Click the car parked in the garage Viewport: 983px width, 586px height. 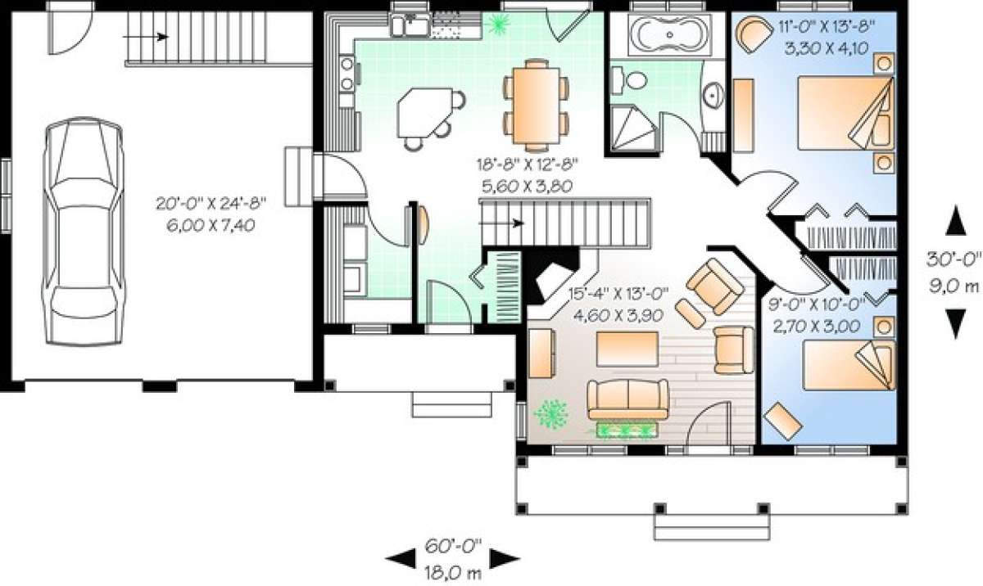(x=83, y=231)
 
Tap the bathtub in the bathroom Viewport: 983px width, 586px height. (x=669, y=35)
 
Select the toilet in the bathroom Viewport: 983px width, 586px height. (x=630, y=80)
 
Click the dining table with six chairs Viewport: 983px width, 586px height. (x=536, y=106)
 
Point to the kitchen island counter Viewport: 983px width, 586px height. (x=424, y=113)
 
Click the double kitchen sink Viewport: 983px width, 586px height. (x=410, y=25)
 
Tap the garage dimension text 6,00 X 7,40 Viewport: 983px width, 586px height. (x=211, y=226)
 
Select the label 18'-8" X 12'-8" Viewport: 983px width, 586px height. (x=527, y=165)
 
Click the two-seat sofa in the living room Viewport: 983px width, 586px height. (x=628, y=399)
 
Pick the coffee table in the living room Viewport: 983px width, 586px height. (x=627, y=349)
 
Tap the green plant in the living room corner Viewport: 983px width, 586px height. (x=550, y=414)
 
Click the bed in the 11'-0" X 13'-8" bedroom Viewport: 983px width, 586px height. (x=845, y=113)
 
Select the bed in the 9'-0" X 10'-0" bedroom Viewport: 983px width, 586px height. (x=849, y=365)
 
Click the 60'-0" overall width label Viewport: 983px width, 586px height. (x=453, y=546)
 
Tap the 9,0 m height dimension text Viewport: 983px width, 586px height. (x=954, y=286)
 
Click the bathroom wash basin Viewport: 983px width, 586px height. (x=714, y=96)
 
